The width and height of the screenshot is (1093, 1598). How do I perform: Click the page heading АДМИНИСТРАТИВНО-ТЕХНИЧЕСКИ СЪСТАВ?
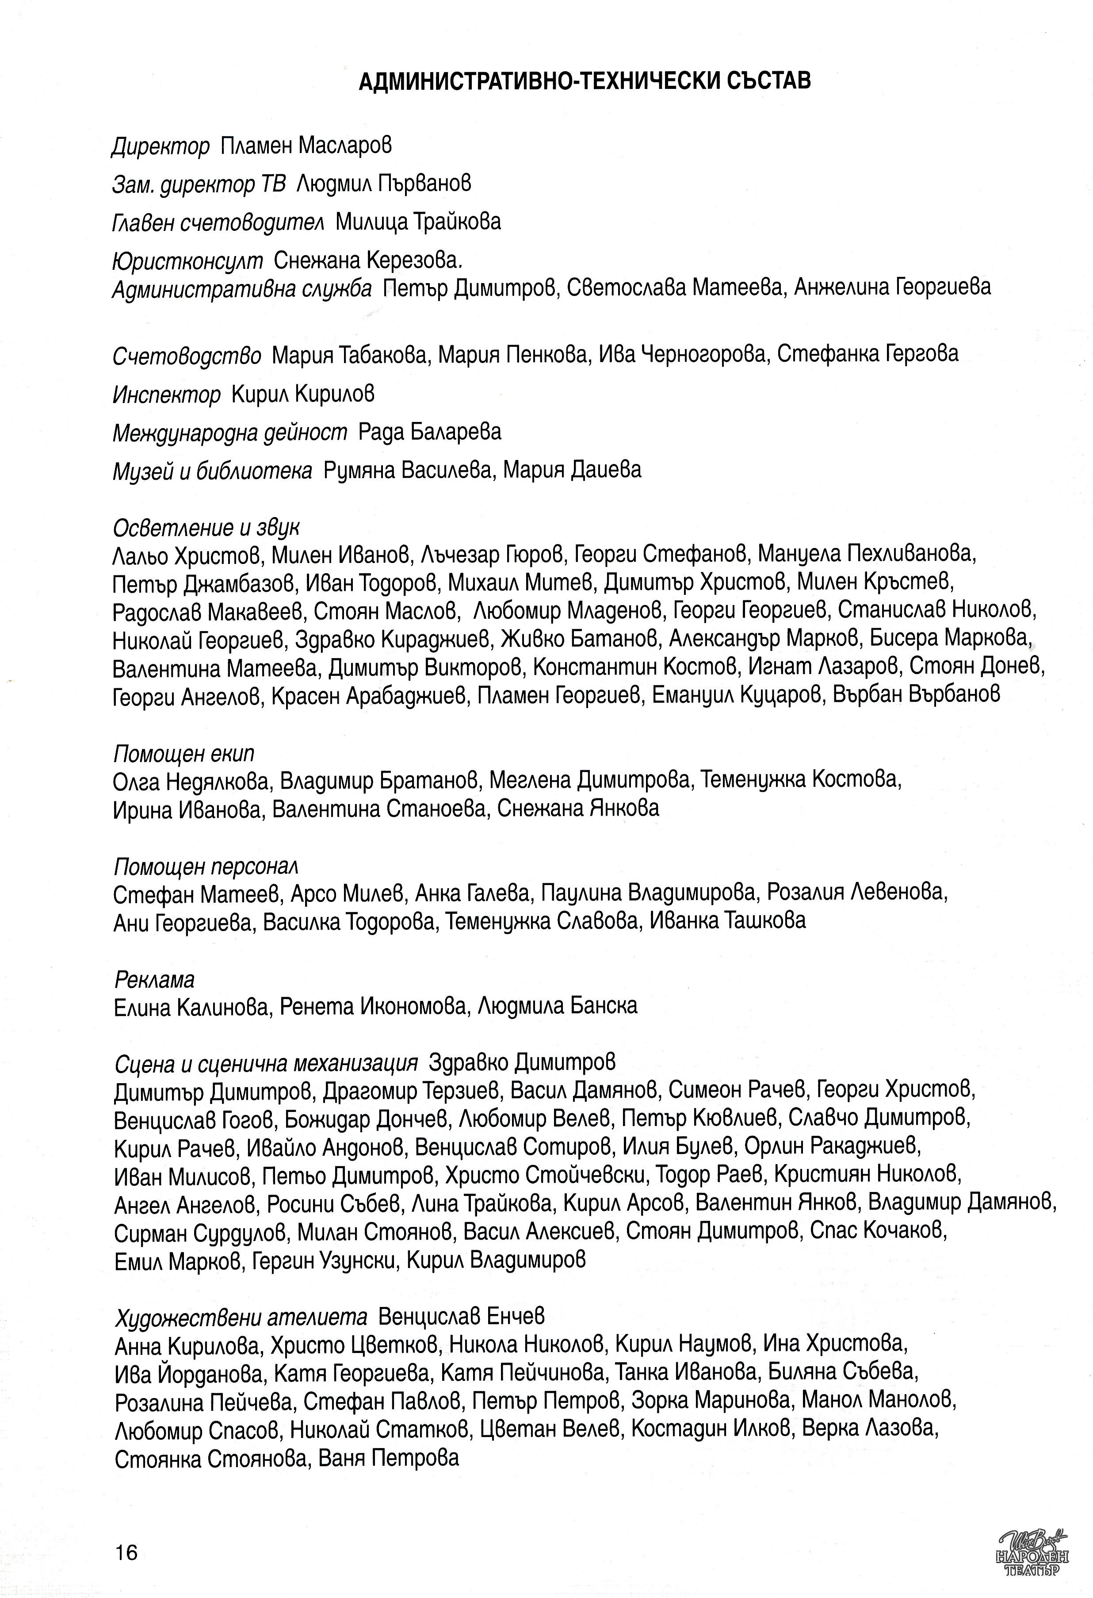pos(585,81)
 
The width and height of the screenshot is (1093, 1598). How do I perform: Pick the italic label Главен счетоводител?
pos(218,222)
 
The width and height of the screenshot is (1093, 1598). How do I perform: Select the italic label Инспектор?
pos(166,395)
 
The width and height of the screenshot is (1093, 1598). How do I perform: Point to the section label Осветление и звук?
pos(206,528)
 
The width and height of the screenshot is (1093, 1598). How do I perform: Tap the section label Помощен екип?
pos(183,754)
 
